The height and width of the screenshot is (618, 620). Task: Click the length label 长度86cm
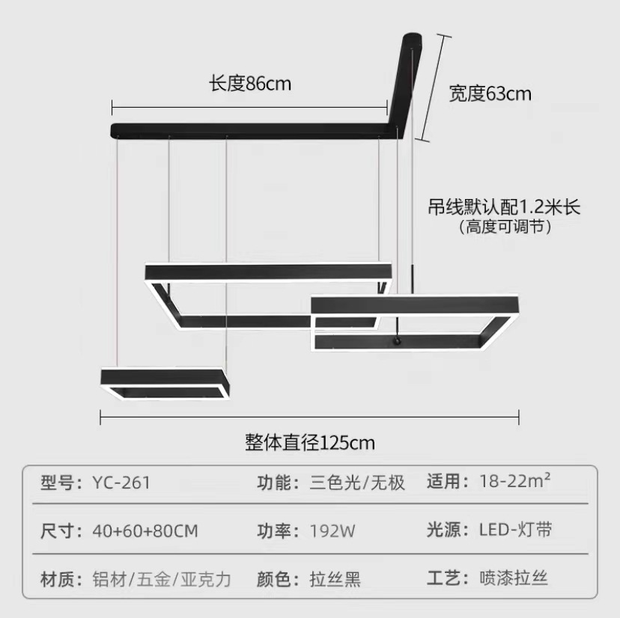click(249, 83)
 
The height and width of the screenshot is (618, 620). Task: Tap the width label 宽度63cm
click(490, 94)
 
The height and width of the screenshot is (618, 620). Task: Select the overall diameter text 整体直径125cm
click(310, 442)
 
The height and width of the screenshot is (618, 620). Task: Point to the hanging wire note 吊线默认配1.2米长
click(505, 207)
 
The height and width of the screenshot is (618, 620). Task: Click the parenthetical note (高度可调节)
click(505, 227)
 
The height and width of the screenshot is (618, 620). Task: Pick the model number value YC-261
click(121, 483)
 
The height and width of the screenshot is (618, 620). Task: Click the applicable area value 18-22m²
click(515, 482)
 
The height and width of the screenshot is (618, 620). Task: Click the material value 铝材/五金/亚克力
click(162, 579)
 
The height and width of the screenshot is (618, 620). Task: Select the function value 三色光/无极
click(357, 483)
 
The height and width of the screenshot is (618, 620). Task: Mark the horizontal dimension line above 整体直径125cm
click(310, 416)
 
